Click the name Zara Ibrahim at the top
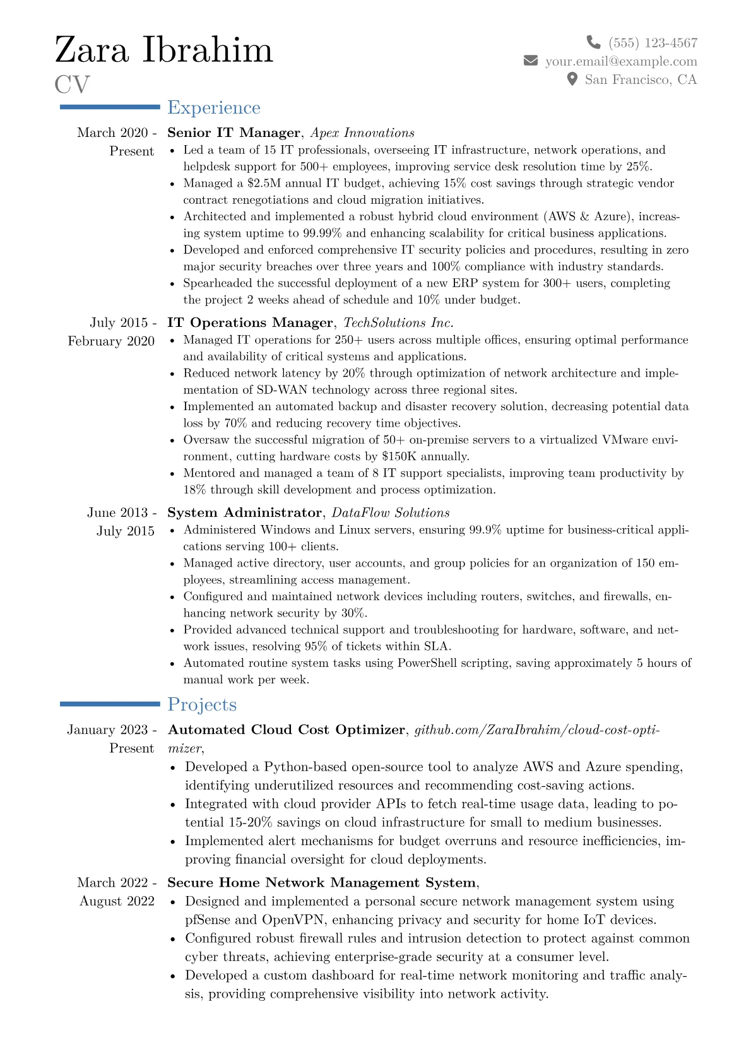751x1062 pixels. (164, 50)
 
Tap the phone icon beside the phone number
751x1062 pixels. (593, 42)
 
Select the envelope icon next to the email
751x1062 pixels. (531, 61)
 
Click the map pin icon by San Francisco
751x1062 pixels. (572, 79)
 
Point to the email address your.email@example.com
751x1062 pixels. (621, 61)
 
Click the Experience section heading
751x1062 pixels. (213, 108)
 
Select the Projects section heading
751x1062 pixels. (202, 705)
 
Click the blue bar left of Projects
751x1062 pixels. (110, 704)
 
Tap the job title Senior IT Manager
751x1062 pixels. (234, 133)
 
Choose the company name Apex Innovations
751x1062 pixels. (362, 133)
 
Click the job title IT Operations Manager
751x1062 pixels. (250, 322)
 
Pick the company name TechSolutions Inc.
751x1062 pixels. (398, 322)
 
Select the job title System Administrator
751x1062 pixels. (244, 512)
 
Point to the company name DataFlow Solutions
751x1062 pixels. (391, 512)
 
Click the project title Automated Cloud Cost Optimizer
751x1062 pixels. (287, 729)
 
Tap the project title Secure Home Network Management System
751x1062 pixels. (322, 882)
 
